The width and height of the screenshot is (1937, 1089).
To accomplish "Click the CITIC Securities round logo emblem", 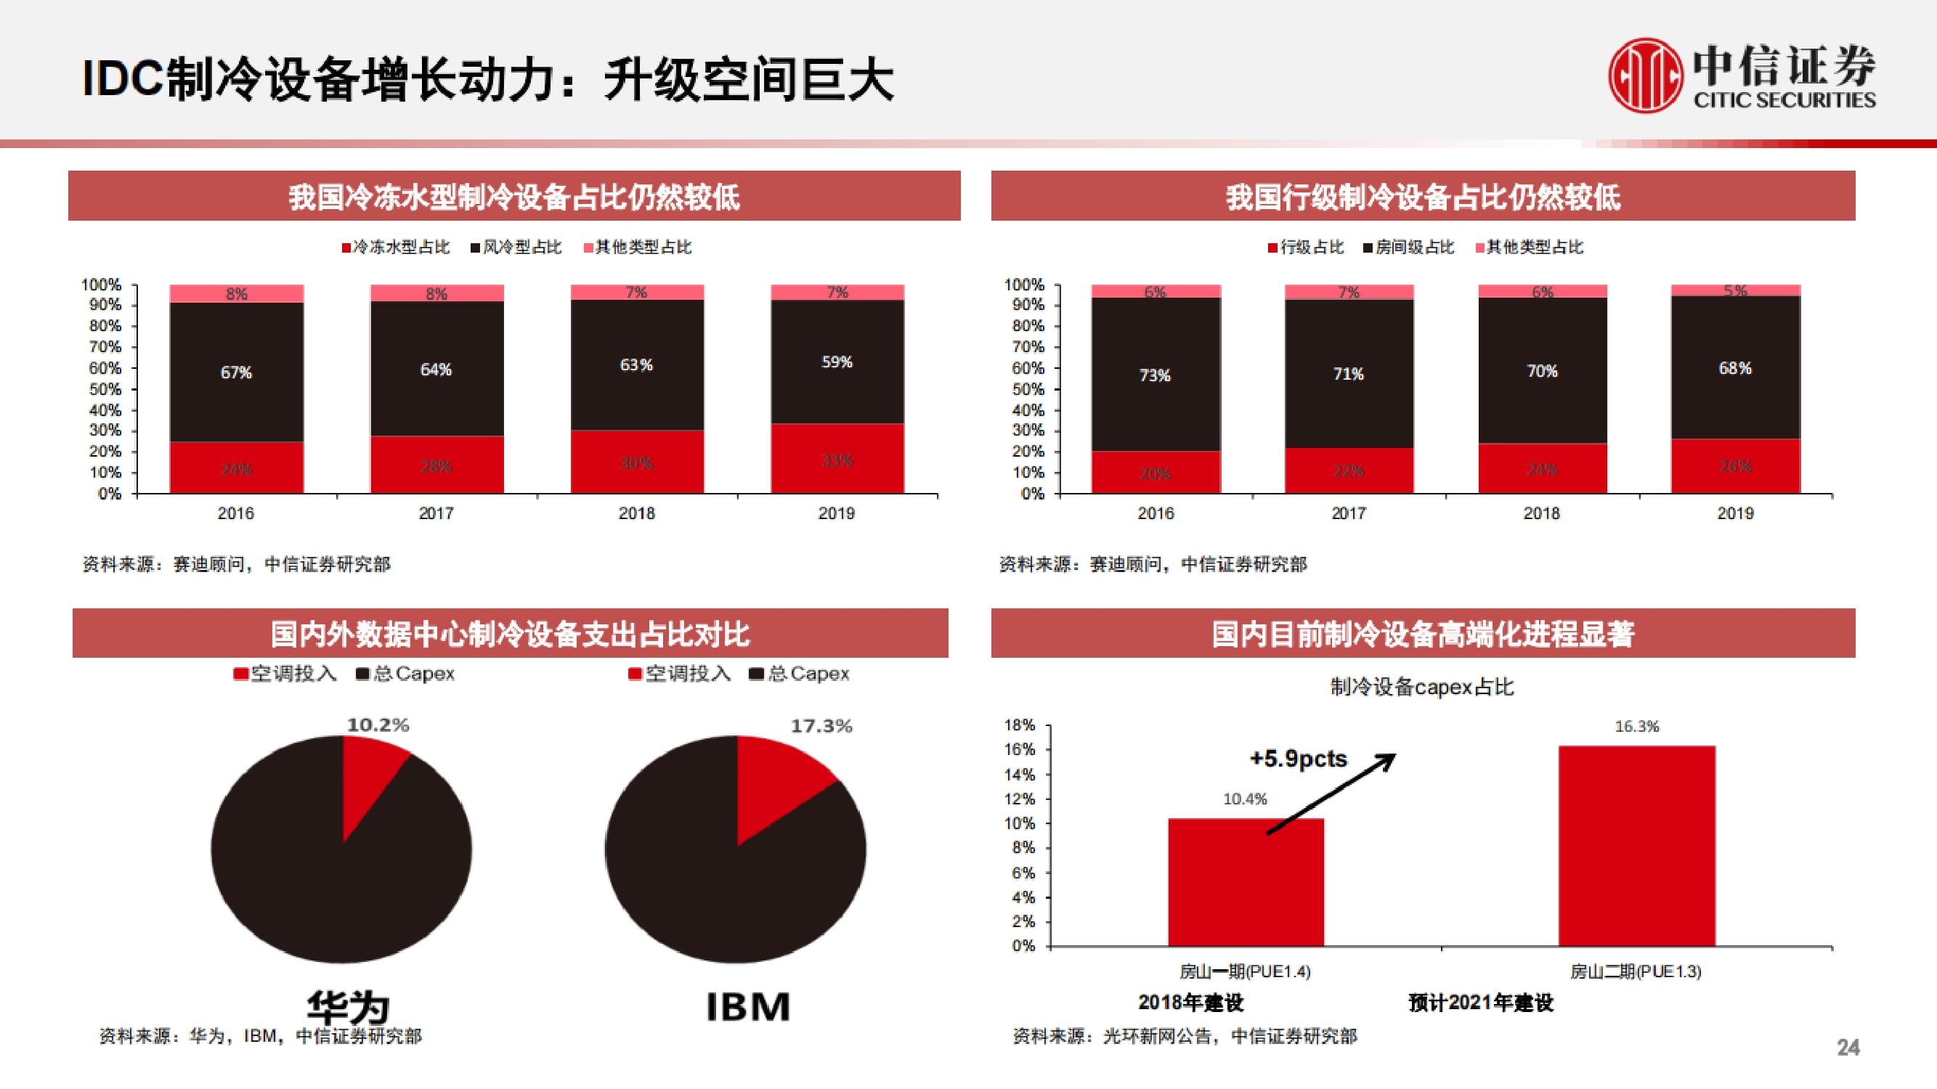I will click(x=1644, y=76).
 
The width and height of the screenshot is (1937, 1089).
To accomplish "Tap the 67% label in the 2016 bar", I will click(x=236, y=372).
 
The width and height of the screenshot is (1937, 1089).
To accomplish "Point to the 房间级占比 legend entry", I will click(x=1408, y=248).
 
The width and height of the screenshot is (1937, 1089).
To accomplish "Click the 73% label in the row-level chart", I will click(x=1155, y=375).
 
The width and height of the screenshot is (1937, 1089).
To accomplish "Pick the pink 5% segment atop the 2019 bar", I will click(x=1736, y=290).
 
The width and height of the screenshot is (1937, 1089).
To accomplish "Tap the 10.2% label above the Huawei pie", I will click(x=378, y=725).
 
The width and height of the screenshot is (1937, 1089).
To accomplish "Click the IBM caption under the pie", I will click(x=748, y=1006).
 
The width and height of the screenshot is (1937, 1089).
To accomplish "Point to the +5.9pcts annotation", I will click(x=1299, y=759).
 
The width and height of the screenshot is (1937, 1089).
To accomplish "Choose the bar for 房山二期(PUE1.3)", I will click(x=1636, y=846).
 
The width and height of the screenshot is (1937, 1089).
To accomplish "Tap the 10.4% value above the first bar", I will click(x=1244, y=799).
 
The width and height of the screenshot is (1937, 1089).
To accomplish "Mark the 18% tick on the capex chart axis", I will click(x=1020, y=725).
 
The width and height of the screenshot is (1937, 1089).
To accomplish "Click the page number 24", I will click(x=1848, y=1047).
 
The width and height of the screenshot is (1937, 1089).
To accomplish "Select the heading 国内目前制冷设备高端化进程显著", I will click(x=1423, y=634).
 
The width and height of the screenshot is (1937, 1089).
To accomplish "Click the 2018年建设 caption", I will click(x=1190, y=1003).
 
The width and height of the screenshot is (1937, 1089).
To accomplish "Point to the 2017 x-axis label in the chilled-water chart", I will click(x=436, y=513).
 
